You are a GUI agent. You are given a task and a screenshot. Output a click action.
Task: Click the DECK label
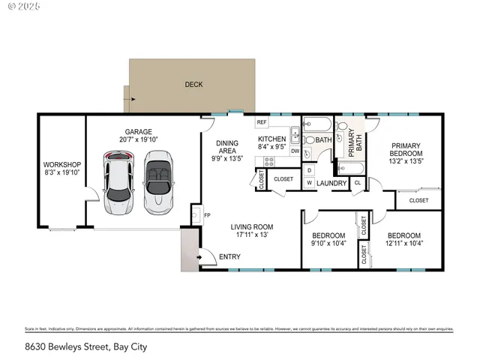click(x=193, y=85)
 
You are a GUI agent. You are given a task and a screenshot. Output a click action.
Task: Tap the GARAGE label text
click(x=138, y=130)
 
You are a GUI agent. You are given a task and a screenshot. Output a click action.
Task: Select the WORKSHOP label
click(x=61, y=164)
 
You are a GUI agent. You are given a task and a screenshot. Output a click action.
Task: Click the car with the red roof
click(x=120, y=181)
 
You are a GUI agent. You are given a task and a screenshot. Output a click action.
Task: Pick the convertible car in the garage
click(x=158, y=181)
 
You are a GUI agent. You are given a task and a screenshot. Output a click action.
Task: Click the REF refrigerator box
click(x=262, y=122)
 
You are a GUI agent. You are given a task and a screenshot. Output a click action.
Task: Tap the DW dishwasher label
click(x=295, y=151)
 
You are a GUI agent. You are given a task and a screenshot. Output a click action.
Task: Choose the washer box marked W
click(x=309, y=182)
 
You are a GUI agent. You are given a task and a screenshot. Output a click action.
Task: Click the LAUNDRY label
click(x=331, y=183)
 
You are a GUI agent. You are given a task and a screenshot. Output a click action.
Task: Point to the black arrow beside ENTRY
click(x=199, y=257)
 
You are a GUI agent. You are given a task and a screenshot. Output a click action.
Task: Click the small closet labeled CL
click(x=358, y=182)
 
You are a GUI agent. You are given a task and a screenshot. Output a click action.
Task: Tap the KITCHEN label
click(x=271, y=139)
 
